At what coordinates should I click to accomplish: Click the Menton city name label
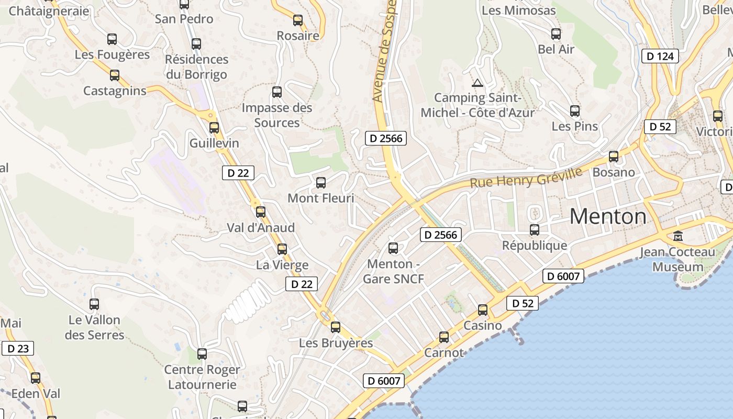click(x=608, y=216)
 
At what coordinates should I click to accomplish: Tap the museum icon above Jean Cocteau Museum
click(x=678, y=236)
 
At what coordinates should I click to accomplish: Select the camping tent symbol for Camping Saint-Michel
click(x=476, y=83)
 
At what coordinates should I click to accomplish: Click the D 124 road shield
click(x=660, y=56)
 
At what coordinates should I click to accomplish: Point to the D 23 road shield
click(x=18, y=348)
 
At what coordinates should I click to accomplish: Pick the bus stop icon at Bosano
click(x=613, y=156)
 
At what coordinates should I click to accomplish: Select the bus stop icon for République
click(x=534, y=229)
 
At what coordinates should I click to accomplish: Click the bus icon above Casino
click(x=482, y=310)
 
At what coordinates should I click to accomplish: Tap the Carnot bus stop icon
click(x=443, y=337)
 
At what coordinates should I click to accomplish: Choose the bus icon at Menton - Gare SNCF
click(x=393, y=248)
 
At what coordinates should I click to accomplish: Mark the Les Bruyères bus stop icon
click(x=335, y=327)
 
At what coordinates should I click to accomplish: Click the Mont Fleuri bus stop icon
click(x=320, y=183)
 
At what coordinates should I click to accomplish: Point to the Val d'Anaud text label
click(x=261, y=228)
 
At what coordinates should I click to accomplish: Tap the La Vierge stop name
click(x=282, y=265)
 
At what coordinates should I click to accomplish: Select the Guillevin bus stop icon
click(x=214, y=127)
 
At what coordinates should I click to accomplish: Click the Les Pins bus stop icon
click(x=574, y=111)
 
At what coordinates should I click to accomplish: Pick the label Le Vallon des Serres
click(x=94, y=327)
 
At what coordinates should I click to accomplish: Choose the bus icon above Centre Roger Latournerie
click(x=202, y=354)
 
